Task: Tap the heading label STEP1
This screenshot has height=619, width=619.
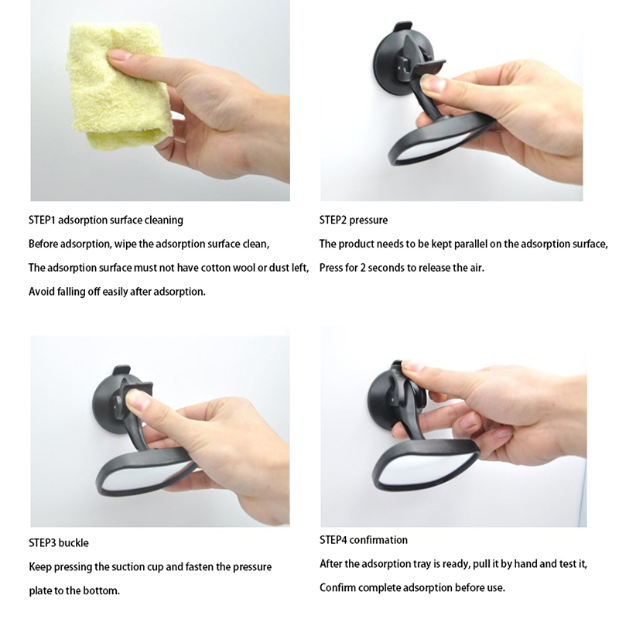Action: (x=42, y=220)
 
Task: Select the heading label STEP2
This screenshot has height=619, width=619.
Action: (x=333, y=220)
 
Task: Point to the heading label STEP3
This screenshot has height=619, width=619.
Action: (x=42, y=543)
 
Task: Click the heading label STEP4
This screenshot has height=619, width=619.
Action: (x=333, y=539)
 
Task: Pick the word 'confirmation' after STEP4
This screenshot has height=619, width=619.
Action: (x=378, y=539)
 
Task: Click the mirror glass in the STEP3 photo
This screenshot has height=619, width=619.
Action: (x=139, y=477)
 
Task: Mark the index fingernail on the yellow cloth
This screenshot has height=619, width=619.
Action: (x=120, y=55)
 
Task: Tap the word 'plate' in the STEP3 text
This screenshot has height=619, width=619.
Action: (x=40, y=591)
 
